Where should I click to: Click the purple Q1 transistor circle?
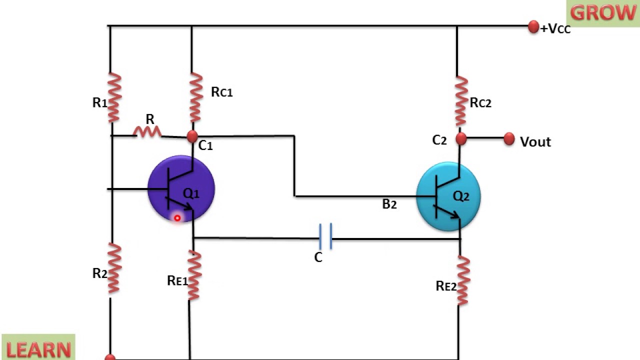tap(181, 189)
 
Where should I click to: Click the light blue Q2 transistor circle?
tap(448, 196)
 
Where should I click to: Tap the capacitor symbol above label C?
tap(325, 236)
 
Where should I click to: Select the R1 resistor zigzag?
tap(114, 97)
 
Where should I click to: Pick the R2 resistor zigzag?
tap(114, 268)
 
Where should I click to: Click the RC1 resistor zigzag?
tap(195, 97)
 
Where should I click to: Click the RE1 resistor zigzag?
tap(194, 275)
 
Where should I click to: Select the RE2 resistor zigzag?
tap(462, 280)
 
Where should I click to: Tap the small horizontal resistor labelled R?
tap(147, 132)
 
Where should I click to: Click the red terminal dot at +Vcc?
tap(533, 27)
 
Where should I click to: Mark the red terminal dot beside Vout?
tap(509, 139)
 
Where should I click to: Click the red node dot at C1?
tap(192, 136)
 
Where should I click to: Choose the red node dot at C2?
tap(461, 138)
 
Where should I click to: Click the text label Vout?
tap(535, 142)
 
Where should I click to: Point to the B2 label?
tap(389, 204)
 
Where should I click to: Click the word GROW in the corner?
tap(603, 13)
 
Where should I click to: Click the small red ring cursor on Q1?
tap(177, 218)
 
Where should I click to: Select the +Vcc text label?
tap(555, 29)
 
